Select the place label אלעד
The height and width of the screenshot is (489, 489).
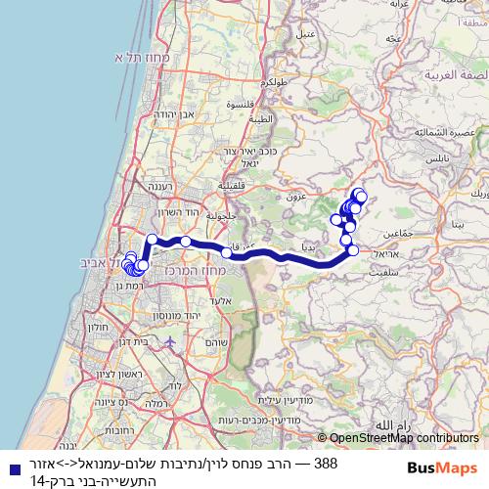tap(221, 302)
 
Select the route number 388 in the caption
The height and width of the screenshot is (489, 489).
tap(327, 461)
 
